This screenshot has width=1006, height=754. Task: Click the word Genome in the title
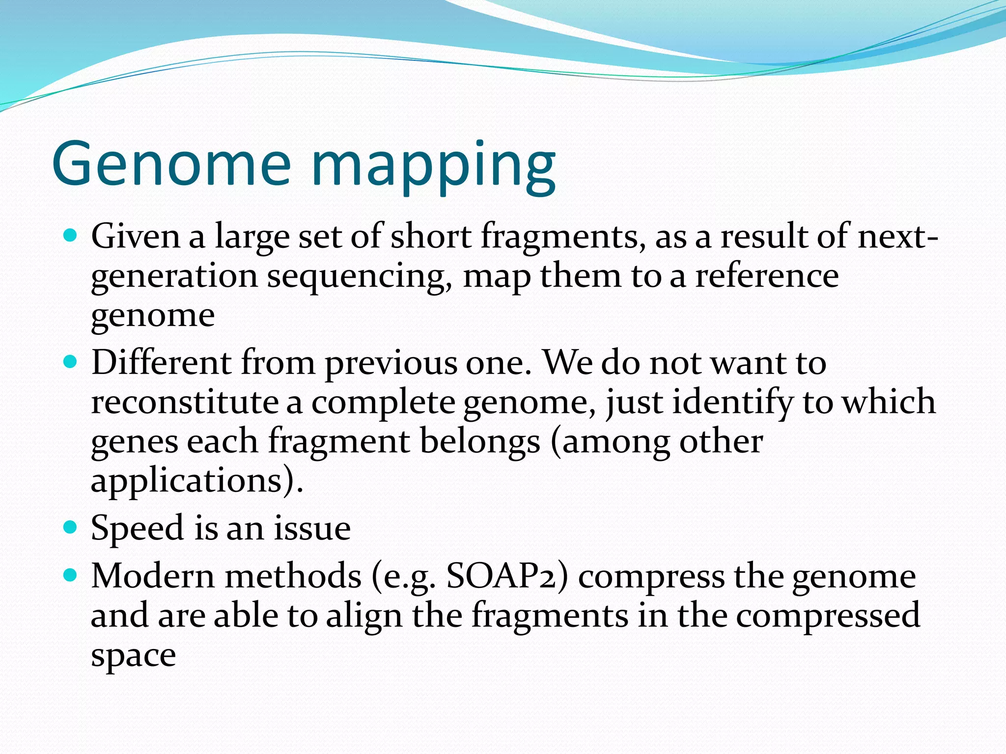point(172,164)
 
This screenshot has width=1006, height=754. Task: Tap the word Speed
point(137,529)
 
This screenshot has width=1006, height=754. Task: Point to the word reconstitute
point(185,402)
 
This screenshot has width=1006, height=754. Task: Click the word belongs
point(480,442)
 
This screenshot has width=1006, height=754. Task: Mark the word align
point(364,617)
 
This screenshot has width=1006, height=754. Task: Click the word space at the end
point(133,657)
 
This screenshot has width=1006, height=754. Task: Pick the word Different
point(161,363)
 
